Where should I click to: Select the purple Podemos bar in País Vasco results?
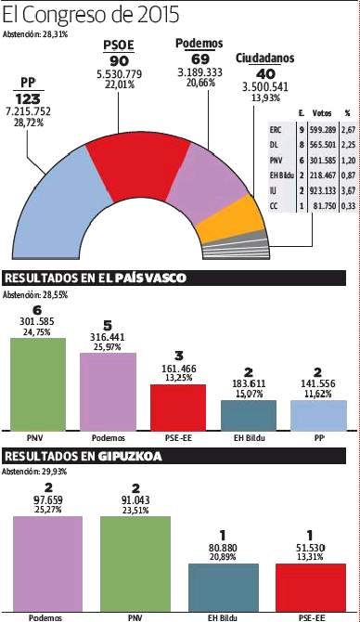(x=108, y=390)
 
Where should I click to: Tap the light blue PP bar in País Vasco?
(x=318, y=414)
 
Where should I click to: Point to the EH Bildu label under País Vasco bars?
(x=248, y=436)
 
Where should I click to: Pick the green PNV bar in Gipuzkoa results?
(x=135, y=557)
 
